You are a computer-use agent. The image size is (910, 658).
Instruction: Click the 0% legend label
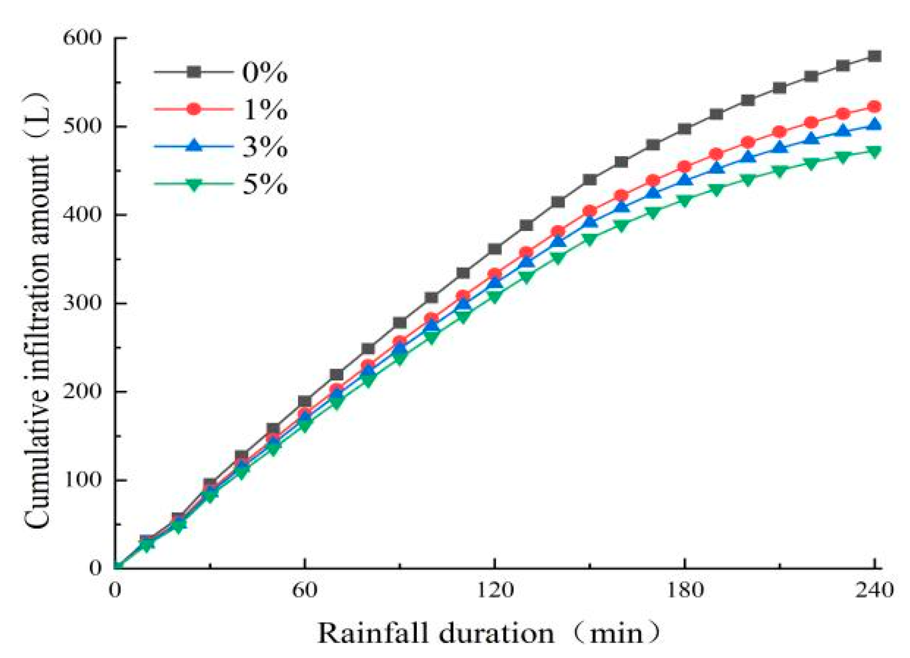click(x=264, y=73)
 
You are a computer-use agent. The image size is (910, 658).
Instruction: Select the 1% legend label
click(x=264, y=110)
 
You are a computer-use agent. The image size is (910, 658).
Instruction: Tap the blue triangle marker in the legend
click(x=194, y=146)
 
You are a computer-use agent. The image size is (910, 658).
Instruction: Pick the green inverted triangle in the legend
click(x=194, y=184)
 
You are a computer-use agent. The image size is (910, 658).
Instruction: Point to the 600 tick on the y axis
click(x=82, y=38)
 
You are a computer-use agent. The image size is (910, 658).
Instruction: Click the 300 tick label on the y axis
click(x=82, y=303)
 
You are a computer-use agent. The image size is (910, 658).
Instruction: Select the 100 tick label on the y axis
click(x=82, y=480)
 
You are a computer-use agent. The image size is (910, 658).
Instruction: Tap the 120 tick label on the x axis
click(x=494, y=590)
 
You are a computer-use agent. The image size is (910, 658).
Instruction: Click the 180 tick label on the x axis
click(x=684, y=590)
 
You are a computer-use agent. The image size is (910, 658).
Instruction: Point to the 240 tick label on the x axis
click(x=874, y=590)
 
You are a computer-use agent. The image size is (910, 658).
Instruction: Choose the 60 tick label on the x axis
click(x=305, y=590)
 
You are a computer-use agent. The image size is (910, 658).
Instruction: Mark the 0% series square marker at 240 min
click(x=874, y=56)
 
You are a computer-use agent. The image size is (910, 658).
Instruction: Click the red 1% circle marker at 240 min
click(x=874, y=107)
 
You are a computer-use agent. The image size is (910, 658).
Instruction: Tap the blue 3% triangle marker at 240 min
click(x=874, y=125)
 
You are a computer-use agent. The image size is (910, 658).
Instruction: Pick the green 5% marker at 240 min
click(x=874, y=152)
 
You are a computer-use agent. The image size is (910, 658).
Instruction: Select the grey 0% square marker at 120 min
click(x=494, y=249)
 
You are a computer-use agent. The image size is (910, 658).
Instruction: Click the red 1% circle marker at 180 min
click(x=684, y=167)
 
